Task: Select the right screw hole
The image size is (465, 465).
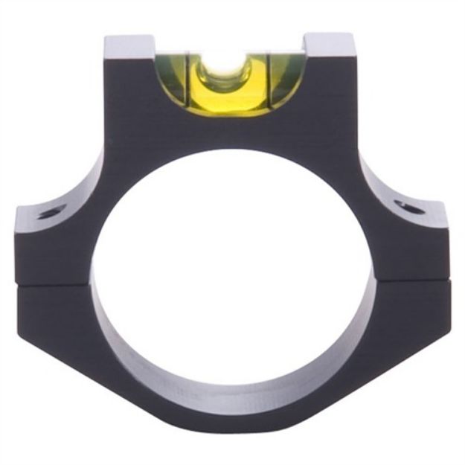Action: click(x=408, y=206)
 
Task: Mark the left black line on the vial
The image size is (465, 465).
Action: click(x=189, y=82)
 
